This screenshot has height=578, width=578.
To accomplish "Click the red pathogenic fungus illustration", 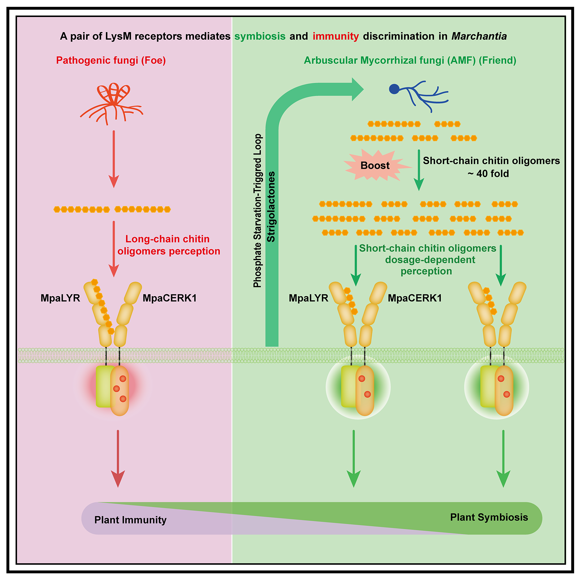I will pos(112,103).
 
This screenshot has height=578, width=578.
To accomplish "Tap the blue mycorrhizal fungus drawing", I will pos(419,96).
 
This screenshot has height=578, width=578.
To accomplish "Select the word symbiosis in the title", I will pos(260,36).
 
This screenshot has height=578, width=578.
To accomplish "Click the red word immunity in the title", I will pos(336,36).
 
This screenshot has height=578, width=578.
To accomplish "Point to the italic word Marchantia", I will pos(479,36).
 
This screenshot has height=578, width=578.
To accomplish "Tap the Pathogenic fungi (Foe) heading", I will pos(111,60).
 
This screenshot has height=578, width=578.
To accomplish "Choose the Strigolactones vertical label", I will pos(271,207).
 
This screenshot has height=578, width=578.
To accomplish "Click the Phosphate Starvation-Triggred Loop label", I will pos(257,211).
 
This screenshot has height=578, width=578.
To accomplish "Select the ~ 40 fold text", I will pos(488,174).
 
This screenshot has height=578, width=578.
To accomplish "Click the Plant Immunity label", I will pos(130,520).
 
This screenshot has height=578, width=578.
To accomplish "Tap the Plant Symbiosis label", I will pos(489,517).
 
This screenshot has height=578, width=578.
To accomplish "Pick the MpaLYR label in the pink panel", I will pos(60,298).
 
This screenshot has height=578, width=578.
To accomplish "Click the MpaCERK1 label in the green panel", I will pos(415,298).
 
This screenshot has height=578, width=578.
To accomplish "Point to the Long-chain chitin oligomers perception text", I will pos(169,245).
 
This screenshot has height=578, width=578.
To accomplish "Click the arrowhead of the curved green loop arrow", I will pos(358,89).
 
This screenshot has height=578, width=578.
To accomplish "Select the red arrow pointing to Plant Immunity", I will pos(118,459).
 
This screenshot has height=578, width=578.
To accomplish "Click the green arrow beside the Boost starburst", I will pos(419,170).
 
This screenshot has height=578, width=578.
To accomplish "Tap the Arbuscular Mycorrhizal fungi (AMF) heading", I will pos(410,60).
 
